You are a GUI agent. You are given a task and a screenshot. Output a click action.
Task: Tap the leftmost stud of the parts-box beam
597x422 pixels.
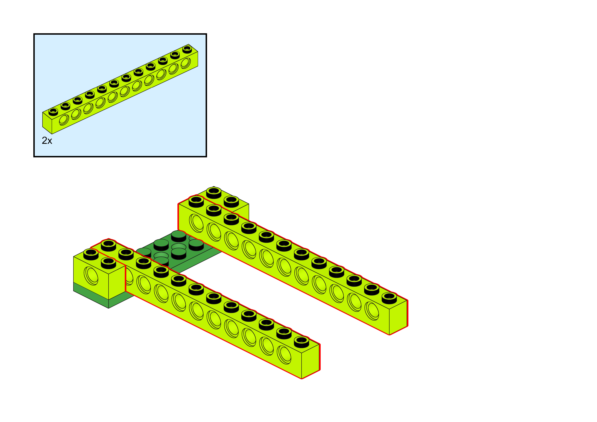[53, 111]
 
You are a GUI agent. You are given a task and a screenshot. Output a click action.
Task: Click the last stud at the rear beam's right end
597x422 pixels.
[389, 297]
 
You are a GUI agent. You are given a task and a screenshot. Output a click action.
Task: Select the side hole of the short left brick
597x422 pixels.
[91, 276]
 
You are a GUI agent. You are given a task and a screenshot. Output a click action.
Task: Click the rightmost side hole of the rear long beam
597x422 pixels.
[372, 311]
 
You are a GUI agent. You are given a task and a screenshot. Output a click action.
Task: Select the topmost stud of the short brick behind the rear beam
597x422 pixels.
[214, 192]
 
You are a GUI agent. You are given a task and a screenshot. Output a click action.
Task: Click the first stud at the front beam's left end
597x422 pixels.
[108, 245]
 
